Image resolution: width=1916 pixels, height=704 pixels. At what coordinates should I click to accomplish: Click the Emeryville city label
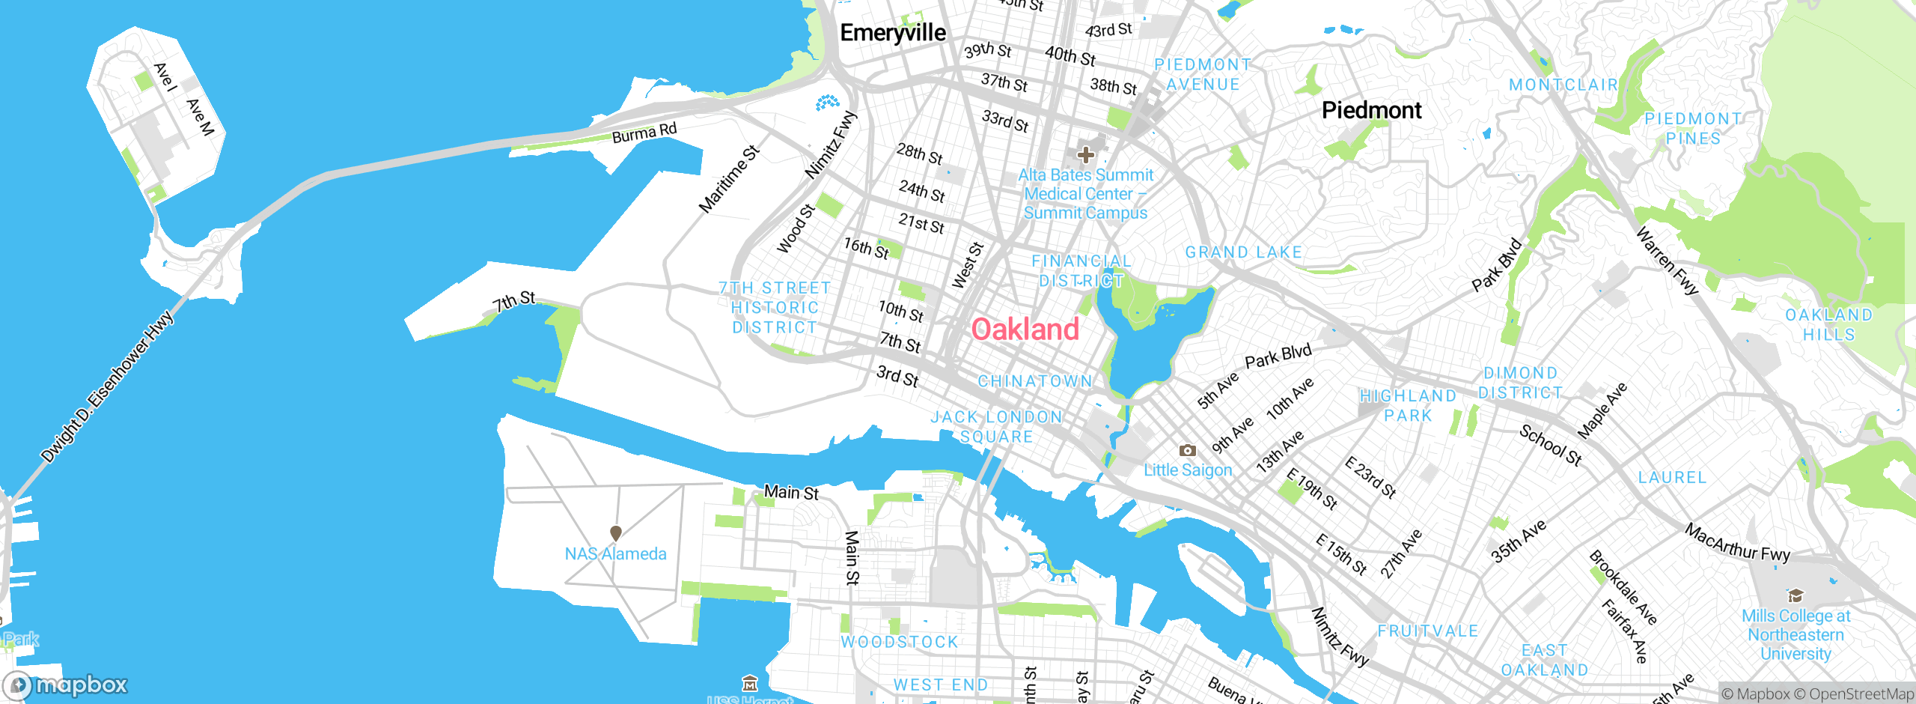point(893,33)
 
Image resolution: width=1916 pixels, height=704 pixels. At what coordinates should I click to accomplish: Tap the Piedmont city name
point(1371,111)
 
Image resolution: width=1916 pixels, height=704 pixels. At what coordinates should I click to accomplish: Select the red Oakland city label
point(1025,330)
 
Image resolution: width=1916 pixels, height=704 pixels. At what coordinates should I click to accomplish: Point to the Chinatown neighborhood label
point(1035,381)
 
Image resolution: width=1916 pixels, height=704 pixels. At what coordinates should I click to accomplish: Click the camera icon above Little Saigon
point(1187,450)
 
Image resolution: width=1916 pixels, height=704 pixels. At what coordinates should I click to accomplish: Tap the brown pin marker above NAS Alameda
point(616,533)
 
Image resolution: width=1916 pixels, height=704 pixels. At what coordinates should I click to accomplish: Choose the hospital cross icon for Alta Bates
point(1085,155)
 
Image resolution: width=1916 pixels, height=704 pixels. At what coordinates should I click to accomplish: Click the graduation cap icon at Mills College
point(1795,596)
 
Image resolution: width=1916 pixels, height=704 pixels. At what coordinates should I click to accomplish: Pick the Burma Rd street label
point(644,133)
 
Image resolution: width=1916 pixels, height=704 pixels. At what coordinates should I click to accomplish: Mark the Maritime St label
point(728,179)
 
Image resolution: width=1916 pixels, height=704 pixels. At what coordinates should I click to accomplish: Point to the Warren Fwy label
point(1667,261)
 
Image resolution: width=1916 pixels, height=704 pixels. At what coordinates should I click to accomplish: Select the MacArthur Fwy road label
point(1736,543)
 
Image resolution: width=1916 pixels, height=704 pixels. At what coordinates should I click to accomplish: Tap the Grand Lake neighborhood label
point(1243,252)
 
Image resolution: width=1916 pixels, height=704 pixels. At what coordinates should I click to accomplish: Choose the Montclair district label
point(1563,85)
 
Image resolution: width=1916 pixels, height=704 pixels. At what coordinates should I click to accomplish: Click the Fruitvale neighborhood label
point(1428,631)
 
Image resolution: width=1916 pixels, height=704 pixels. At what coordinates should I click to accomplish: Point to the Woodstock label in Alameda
point(899,642)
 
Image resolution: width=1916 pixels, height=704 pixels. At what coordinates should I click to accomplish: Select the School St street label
point(1550,445)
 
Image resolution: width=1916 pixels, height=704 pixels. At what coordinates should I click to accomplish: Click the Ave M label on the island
point(200,118)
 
